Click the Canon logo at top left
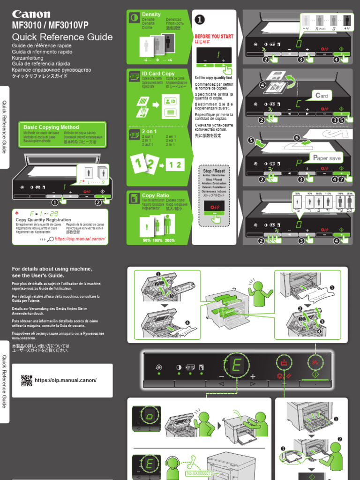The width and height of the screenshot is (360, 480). [x=31, y=14]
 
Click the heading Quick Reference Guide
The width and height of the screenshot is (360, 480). [x=62, y=37]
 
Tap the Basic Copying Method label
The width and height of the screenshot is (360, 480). [x=51, y=127]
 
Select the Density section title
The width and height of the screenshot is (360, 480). [x=151, y=15]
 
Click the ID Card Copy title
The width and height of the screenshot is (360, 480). [x=158, y=74]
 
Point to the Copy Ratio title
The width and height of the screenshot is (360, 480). [x=155, y=195]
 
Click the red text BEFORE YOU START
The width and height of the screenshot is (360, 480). [x=214, y=37]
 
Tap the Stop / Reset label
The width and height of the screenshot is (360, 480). [x=214, y=172]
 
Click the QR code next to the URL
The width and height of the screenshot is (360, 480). [x=27, y=380]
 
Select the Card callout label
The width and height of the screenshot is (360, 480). [x=322, y=96]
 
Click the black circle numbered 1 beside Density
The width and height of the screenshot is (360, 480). [x=200, y=19]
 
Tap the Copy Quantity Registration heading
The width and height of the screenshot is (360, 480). [x=43, y=220]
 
